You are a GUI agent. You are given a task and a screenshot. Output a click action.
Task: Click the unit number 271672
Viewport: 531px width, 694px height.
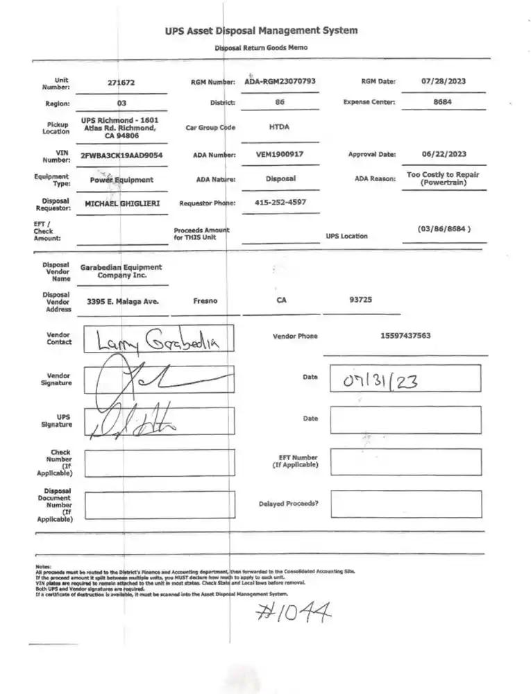pyautogui.click(x=121, y=83)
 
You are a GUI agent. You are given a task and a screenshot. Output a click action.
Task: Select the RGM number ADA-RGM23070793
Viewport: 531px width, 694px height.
pyautogui.click(x=280, y=81)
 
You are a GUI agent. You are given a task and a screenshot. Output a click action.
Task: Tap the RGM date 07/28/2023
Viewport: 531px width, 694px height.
pyautogui.click(x=444, y=81)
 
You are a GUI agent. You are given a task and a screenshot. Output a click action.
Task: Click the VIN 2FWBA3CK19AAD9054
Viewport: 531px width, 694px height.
pyautogui.click(x=121, y=155)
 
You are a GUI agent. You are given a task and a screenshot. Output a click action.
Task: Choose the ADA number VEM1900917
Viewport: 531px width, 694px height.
pyautogui.click(x=280, y=154)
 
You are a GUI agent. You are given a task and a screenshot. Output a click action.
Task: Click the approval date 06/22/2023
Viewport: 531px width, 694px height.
pyautogui.click(x=444, y=154)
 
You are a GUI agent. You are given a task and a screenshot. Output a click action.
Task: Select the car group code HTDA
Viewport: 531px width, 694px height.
pyautogui.click(x=279, y=128)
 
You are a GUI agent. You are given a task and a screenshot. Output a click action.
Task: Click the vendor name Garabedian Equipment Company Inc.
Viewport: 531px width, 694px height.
pyautogui.click(x=121, y=271)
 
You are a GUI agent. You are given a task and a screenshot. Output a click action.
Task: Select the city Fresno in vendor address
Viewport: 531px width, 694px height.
pyautogui.click(x=205, y=301)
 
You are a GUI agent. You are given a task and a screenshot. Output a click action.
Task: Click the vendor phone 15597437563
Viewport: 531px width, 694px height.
pyautogui.click(x=405, y=336)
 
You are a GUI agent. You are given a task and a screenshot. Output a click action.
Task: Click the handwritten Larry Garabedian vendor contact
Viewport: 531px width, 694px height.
pyautogui.click(x=158, y=340)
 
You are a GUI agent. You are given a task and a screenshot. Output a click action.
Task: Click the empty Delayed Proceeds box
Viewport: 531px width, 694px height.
pyautogui.click(x=405, y=504)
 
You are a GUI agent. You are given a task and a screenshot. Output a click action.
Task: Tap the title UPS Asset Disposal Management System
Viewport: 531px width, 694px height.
pyautogui.click(x=262, y=31)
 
